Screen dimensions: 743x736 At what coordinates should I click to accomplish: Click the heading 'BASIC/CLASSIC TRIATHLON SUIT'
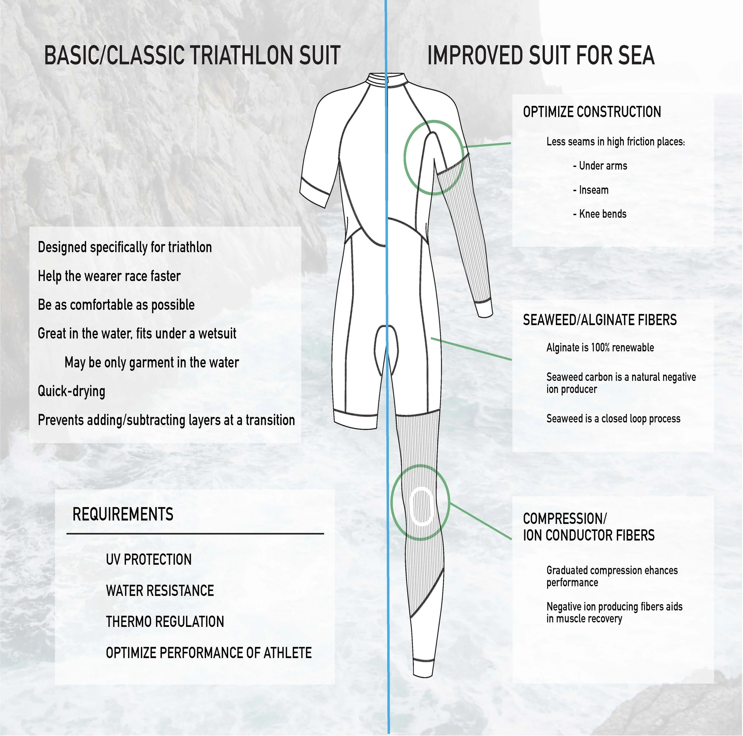tap(192, 55)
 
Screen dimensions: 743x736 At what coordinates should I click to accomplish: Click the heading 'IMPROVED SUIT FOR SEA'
tap(541, 55)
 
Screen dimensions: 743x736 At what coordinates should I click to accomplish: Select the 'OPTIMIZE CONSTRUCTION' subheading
tap(592, 112)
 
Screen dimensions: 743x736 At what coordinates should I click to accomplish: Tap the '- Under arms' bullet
tap(600, 166)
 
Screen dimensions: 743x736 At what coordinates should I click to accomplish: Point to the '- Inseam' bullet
tap(591, 190)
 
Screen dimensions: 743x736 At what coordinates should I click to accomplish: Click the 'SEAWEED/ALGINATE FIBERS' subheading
tap(599, 320)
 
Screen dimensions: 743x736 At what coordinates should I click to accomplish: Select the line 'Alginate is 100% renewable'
tap(600, 347)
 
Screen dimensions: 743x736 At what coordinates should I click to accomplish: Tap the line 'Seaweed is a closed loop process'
tap(613, 419)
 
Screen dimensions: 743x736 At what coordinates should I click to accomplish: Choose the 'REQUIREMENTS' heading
tap(123, 514)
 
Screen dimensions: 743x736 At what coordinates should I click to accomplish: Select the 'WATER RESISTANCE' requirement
tap(160, 591)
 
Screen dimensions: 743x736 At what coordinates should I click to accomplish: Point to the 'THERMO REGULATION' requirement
tap(165, 622)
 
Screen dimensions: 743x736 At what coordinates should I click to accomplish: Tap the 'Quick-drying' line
tap(72, 391)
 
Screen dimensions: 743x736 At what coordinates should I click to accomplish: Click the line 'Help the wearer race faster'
tap(109, 276)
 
